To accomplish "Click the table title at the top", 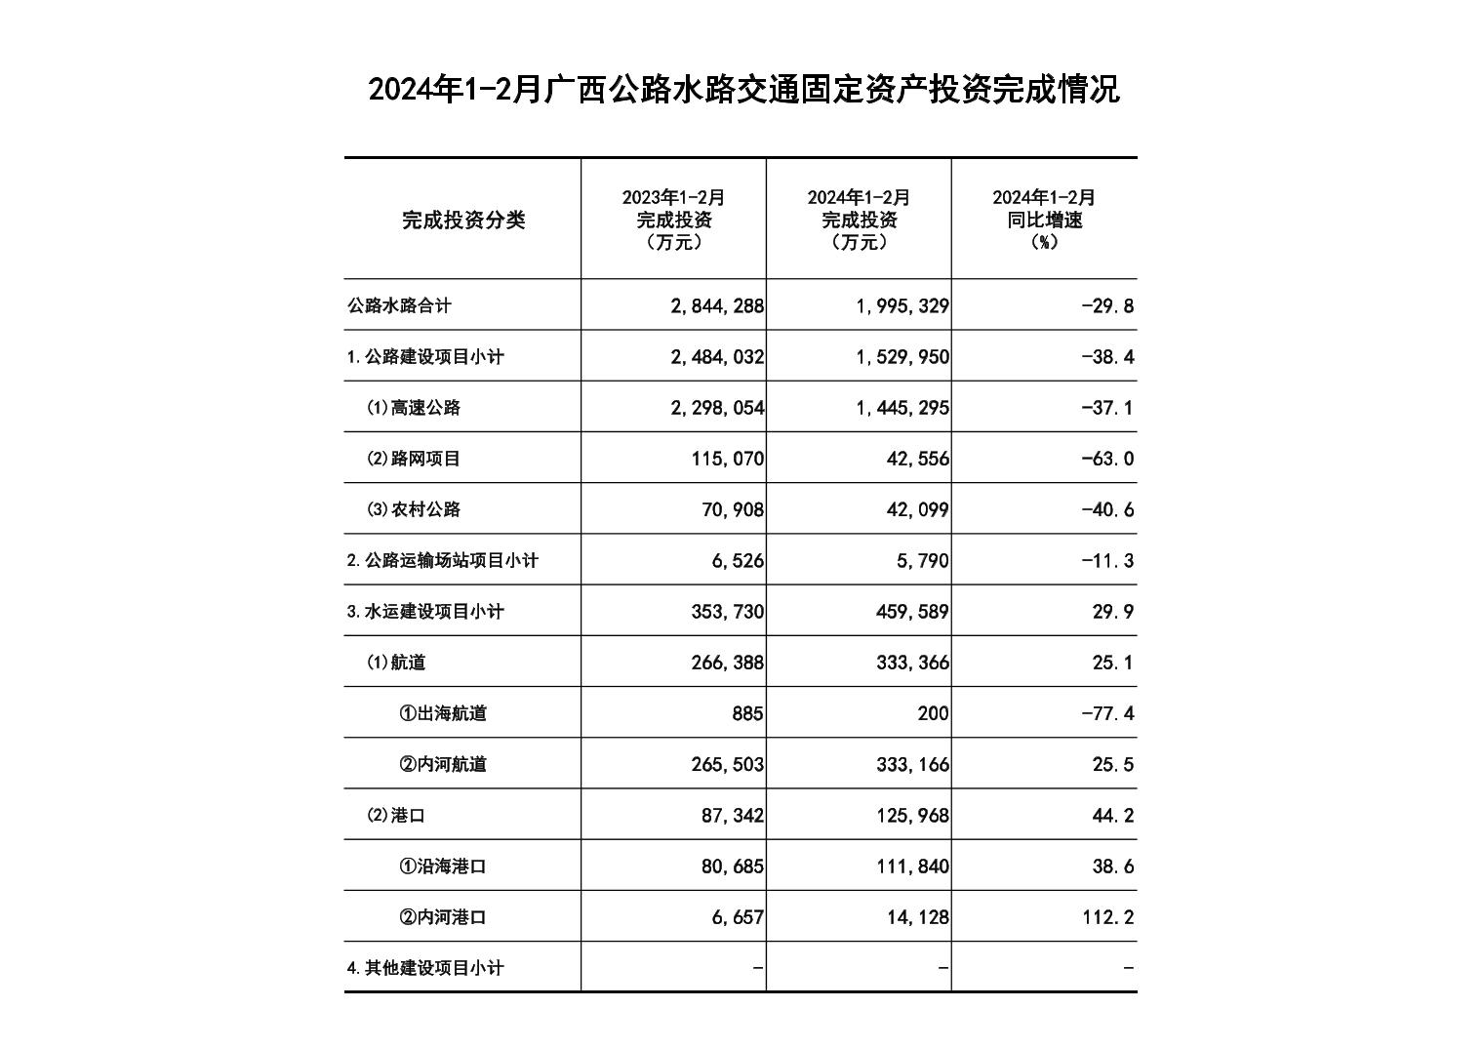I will click(x=743, y=90).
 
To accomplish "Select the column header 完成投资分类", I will click(x=463, y=221).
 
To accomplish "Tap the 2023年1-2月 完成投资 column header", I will click(x=674, y=220).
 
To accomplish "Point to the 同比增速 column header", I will click(x=1044, y=220).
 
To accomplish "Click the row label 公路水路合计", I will click(x=399, y=305).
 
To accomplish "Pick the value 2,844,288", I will click(x=717, y=306).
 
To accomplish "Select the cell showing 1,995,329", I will click(x=902, y=306).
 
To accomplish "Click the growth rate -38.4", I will click(x=1107, y=357).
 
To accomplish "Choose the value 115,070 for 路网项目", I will click(x=728, y=459).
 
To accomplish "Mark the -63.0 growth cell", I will click(x=1107, y=459).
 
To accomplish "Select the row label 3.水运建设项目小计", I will click(x=425, y=612).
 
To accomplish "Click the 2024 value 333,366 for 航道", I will click(x=912, y=663).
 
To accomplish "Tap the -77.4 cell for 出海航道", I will click(x=1107, y=713).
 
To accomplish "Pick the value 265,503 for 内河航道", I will click(x=728, y=764).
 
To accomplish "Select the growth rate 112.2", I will click(x=1108, y=917).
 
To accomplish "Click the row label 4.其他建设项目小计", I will click(x=425, y=968).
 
